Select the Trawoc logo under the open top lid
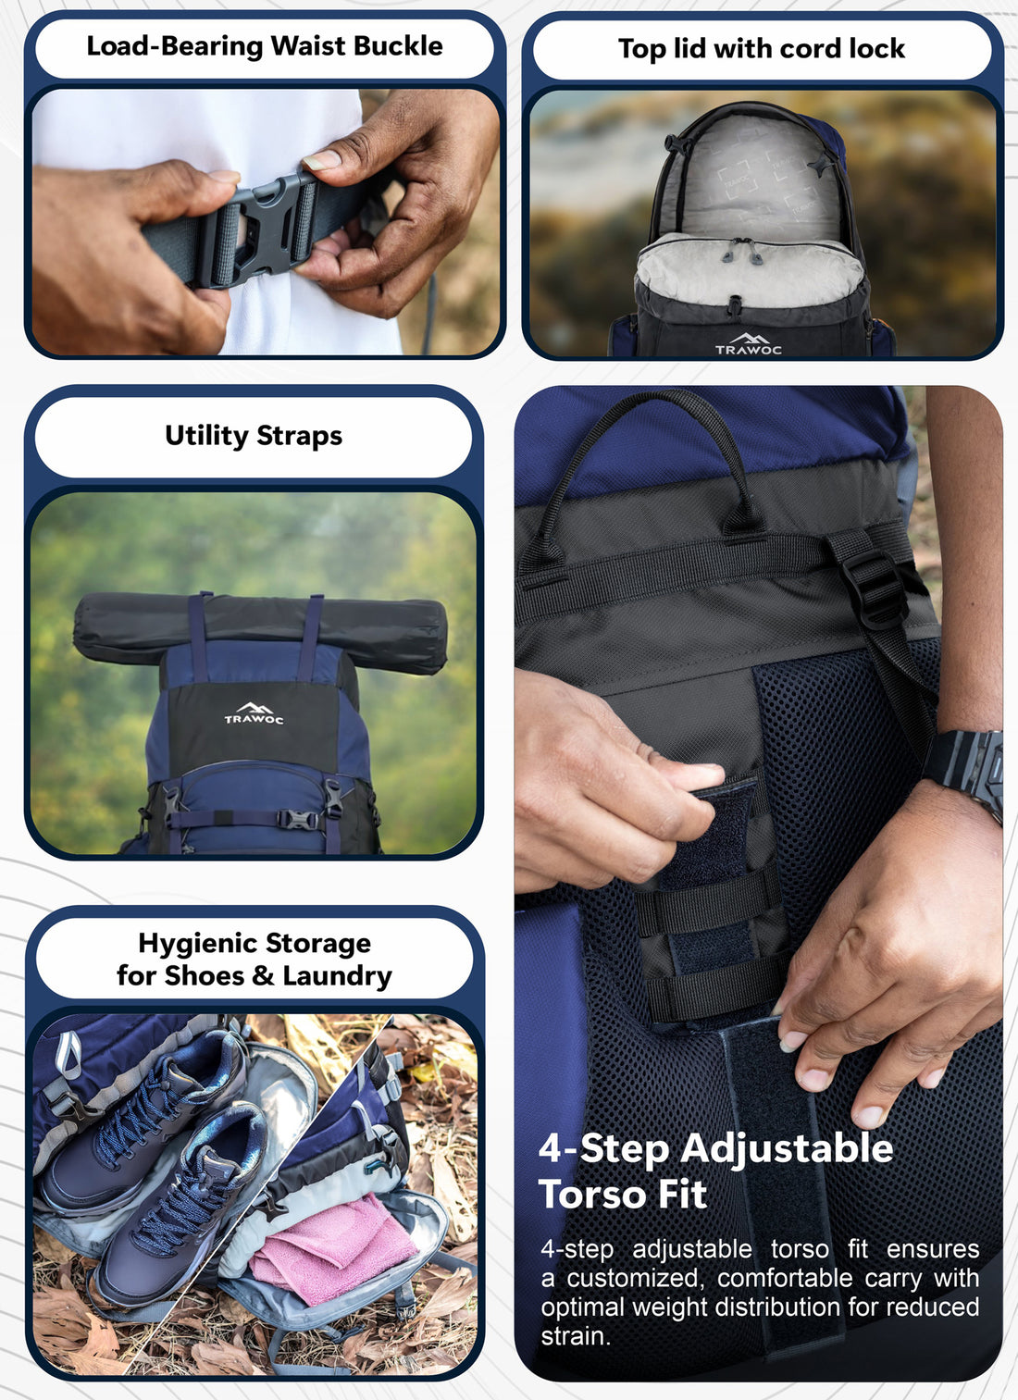click(x=749, y=344)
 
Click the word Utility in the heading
click(x=206, y=436)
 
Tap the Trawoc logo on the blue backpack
click(x=254, y=713)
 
